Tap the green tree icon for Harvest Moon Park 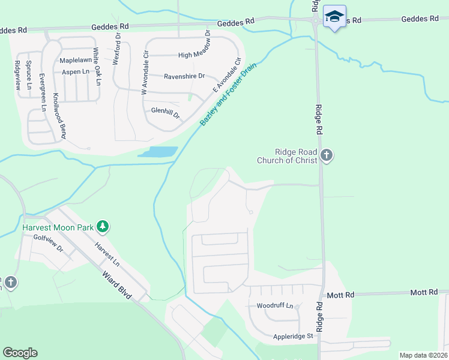click(x=104, y=227)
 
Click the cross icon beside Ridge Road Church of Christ click(x=326, y=156)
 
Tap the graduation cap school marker click(x=334, y=16)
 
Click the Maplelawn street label click(x=75, y=61)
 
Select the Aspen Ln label click(x=76, y=72)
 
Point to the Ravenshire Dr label click(x=184, y=76)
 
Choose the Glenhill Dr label click(x=166, y=111)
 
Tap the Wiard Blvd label click(x=116, y=286)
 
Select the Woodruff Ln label click(x=274, y=306)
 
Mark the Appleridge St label click(x=293, y=337)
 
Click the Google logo click(x=20, y=353)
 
